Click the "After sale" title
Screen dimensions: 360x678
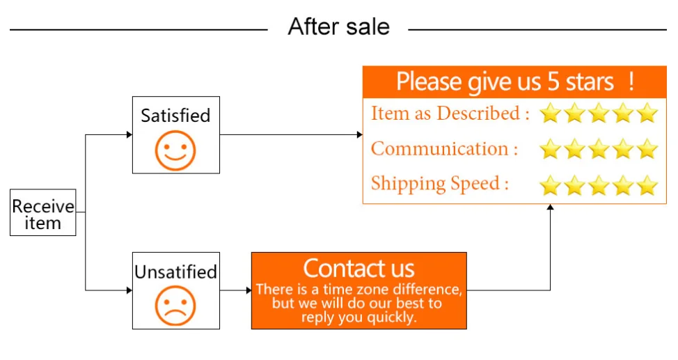click(338, 27)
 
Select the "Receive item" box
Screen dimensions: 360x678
click(42, 214)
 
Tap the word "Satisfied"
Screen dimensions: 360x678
click(175, 116)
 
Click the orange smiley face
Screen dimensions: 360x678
click(175, 150)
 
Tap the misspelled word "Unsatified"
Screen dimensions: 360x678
click(175, 272)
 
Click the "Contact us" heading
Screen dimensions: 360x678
click(358, 268)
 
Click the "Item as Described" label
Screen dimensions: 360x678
click(450, 114)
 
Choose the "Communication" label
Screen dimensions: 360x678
click(444, 148)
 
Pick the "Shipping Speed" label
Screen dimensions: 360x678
click(439, 183)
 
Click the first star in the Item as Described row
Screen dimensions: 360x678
click(550, 114)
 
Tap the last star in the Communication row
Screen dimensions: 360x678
click(647, 148)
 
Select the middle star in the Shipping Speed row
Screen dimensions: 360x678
click(599, 185)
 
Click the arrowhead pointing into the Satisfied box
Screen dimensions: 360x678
click(129, 134)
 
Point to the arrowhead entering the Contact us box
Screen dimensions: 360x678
click(249, 290)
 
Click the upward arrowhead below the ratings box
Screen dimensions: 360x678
click(550, 208)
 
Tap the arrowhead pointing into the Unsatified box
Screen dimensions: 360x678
click(129, 290)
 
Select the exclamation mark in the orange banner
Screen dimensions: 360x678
click(631, 81)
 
